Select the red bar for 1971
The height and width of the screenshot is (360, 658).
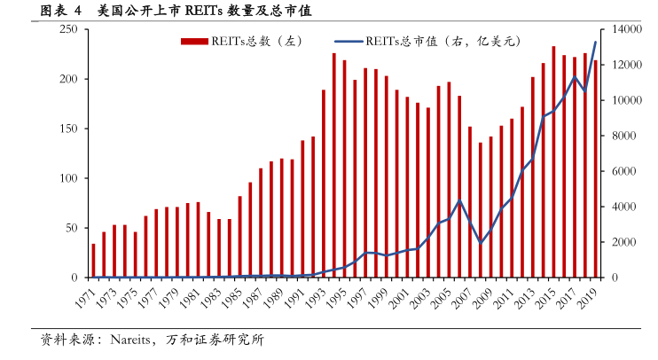tap(93, 261)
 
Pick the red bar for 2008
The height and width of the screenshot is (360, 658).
tap(481, 210)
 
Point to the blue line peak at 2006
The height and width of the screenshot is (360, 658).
tap(459, 201)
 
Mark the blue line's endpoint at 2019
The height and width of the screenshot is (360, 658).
tap(595, 43)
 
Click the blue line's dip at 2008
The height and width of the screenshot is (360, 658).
tap(481, 243)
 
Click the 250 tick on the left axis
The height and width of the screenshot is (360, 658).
tap(69, 29)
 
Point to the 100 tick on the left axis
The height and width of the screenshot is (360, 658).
tap(69, 178)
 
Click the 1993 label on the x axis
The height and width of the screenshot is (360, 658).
tap(315, 295)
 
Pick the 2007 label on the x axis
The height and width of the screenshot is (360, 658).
tap(461, 295)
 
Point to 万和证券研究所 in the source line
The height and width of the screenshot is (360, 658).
tap(222, 340)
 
